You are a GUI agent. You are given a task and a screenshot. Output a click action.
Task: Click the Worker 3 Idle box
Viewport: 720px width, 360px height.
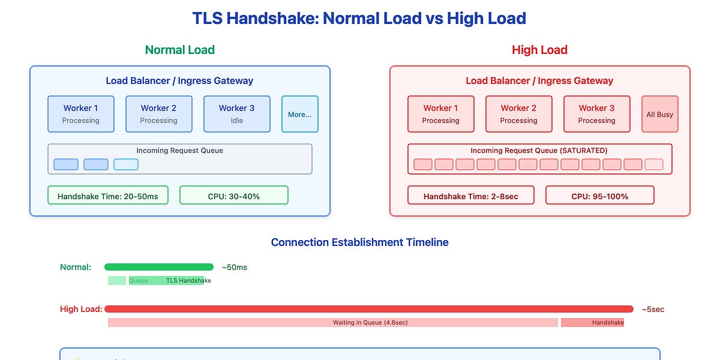[x=236, y=114]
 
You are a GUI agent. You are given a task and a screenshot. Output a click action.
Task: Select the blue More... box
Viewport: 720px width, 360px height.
[x=300, y=114]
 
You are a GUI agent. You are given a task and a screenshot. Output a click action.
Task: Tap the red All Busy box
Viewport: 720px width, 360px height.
[x=660, y=114]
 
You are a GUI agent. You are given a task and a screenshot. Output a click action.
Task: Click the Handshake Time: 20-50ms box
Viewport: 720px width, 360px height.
[x=108, y=196]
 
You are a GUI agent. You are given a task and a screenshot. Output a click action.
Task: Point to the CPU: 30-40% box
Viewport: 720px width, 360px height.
[x=233, y=196]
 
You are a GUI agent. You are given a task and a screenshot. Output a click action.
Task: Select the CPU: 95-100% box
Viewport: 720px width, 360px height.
[x=599, y=196]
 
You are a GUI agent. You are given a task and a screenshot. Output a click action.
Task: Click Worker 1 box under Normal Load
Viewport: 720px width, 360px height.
[x=80, y=114]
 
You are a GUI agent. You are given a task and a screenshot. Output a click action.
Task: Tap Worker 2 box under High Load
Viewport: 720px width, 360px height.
[x=519, y=114]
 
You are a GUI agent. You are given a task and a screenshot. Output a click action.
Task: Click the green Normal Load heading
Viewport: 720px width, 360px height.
[x=180, y=50]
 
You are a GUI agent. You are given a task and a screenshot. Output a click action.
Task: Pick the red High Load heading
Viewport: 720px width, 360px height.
[x=539, y=50]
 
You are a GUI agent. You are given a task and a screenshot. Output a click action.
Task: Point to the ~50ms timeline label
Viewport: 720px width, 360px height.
[x=234, y=267]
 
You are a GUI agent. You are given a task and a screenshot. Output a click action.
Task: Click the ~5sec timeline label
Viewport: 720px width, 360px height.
[x=653, y=310]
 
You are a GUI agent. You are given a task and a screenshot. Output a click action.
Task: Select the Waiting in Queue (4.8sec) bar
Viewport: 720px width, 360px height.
[x=333, y=323]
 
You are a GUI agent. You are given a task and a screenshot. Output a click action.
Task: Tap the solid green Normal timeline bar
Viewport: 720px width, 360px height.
[x=159, y=267]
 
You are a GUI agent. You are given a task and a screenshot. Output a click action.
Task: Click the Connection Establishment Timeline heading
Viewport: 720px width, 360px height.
[x=359, y=242]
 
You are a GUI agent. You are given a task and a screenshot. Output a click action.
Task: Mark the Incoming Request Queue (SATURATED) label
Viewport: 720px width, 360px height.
[x=539, y=151]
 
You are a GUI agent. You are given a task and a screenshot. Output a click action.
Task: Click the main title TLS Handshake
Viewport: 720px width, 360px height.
[x=359, y=18]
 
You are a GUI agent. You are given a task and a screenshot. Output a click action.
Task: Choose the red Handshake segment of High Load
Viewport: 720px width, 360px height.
[x=592, y=323]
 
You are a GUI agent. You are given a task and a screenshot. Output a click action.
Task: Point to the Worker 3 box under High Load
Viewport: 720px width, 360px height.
[x=596, y=114]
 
